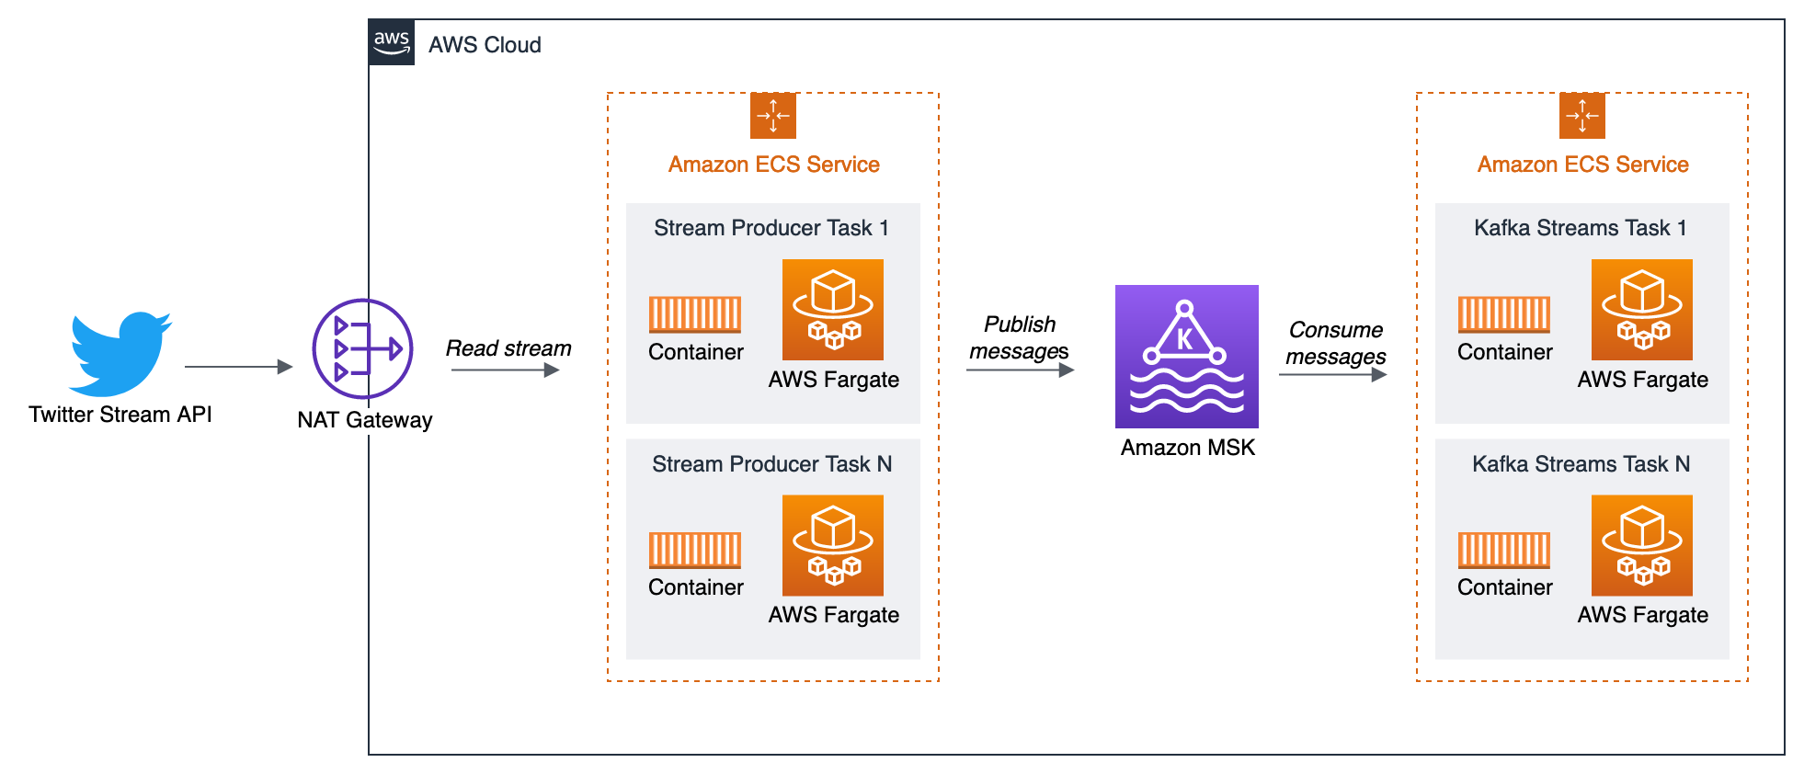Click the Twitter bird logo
[120, 353]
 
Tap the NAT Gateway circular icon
[363, 349]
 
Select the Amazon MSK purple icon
[1186, 357]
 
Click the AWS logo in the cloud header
[392, 42]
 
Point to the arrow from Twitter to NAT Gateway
[237, 367]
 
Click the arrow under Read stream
[505, 370]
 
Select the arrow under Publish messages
[1020, 370]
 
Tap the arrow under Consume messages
[1332, 375]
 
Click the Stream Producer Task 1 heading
[771, 228]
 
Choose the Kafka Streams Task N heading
[1581, 464]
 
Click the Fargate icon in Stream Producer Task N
[833, 546]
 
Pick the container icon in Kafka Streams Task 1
[1504, 314]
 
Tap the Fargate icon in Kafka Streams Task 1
[1642, 310]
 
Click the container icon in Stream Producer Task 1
[695, 314]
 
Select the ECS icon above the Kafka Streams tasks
[1582, 116]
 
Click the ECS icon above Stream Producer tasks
[773, 116]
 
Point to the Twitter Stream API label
[120, 415]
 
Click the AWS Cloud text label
[485, 45]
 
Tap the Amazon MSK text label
[1187, 448]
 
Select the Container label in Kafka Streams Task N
[1504, 587]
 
